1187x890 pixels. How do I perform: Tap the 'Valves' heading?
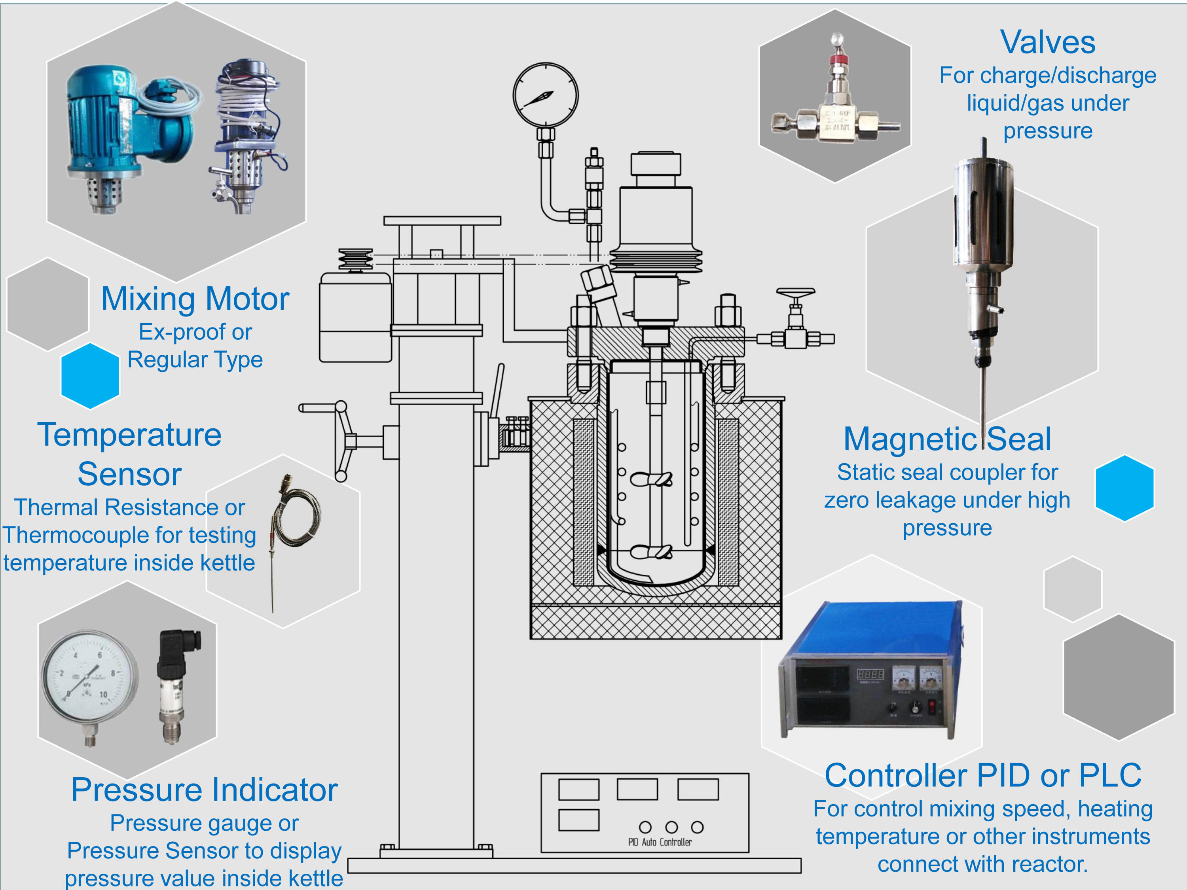pos(1047,42)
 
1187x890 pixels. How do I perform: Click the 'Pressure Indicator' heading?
pos(205,790)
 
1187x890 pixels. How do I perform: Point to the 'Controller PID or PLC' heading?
pos(982,775)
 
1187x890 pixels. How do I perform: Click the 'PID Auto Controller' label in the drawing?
pos(660,842)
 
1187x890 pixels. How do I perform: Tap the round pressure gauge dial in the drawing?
pos(545,95)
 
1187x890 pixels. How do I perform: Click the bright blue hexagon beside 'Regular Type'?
pos(90,375)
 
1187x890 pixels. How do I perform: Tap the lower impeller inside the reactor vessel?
pos(651,551)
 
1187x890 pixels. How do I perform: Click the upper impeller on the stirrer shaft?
pos(651,479)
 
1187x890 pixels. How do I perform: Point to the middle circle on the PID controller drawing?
pos(671,827)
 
